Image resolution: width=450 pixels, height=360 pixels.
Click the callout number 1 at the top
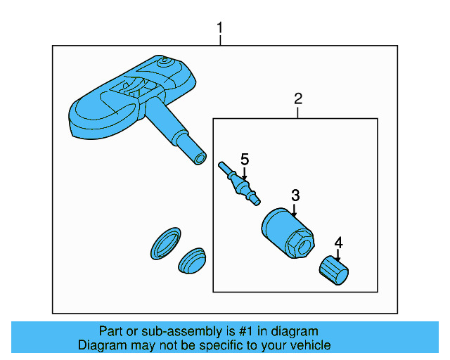pos(220,28)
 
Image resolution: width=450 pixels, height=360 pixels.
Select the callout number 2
pos(298,98)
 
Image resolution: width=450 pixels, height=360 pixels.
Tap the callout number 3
pos(295,195)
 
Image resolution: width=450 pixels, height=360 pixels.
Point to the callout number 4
pos(338,243)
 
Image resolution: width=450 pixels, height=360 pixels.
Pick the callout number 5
pos(245,159)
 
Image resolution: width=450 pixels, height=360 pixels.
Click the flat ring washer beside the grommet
pos(167,243)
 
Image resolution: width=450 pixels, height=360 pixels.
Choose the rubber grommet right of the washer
pos(191,262)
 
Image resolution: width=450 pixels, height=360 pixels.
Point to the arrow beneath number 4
pos(338,255)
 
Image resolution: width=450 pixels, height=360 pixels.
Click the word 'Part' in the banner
pos(112,331)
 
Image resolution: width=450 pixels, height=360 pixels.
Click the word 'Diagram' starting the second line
pos(103,345)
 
